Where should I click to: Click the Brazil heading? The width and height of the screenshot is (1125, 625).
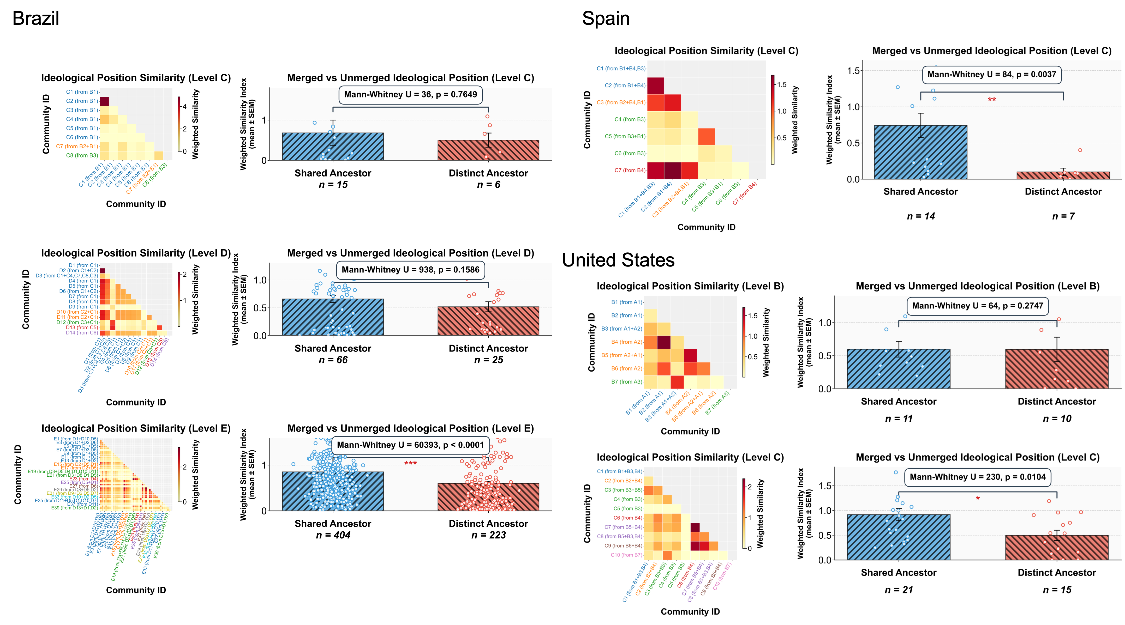(x=35, y=19)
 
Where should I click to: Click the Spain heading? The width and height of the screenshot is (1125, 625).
(x=606, y=19)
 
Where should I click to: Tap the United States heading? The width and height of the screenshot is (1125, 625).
(x=618, y=260)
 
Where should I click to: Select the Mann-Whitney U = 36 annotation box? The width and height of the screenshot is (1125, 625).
(x=410, y=95)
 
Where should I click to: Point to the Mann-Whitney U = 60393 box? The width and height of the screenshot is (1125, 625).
(x=410, y=445)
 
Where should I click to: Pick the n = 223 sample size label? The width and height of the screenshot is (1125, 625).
(x=488, y=535)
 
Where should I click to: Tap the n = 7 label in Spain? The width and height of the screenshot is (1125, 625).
(x=1063, y=216)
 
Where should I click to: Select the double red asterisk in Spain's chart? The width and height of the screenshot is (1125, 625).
(x=992, y=100)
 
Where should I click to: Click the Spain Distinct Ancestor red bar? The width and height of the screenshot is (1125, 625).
(x=1063, y=175)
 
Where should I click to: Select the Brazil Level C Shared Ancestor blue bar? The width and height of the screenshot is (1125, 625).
(x=333, y=147)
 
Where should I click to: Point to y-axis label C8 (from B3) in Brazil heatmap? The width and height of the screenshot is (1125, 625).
(x=82, y=155)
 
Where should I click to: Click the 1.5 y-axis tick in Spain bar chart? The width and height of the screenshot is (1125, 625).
(x=853, y=71)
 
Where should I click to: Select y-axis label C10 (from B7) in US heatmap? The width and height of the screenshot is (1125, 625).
(x=626, y=555)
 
